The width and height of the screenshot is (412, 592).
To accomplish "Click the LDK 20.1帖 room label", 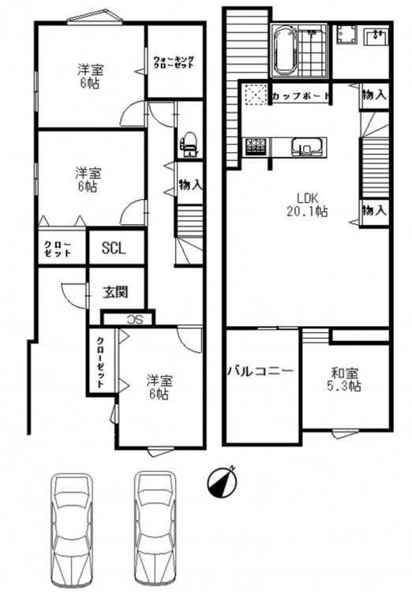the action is point(307,204).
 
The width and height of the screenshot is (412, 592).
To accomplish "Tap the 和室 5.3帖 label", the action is point(345,380).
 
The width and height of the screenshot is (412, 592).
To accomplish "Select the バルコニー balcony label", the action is point(260,371).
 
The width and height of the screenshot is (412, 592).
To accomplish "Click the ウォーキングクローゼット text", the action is point(174,62).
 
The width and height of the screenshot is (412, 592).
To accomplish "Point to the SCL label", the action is point(114,248).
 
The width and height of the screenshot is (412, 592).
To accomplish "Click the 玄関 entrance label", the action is point(116,292).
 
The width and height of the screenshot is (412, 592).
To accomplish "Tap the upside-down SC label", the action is point(135,320).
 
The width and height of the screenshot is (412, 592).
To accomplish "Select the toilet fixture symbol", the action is point(189,144).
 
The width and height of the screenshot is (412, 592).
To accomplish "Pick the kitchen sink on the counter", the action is point(308,148).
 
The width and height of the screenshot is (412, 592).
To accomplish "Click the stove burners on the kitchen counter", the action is point(256,148).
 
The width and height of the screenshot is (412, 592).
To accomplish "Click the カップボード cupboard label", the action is point(302,96).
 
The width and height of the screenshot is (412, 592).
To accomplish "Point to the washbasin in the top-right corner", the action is point(376,36).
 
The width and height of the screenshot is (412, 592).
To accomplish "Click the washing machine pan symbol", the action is point(346,35).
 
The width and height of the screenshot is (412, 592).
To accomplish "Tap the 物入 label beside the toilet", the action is point(191,185).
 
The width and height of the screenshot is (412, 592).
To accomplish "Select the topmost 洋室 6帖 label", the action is point(91,77).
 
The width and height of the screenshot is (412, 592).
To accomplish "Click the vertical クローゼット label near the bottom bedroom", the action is point(100,362).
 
